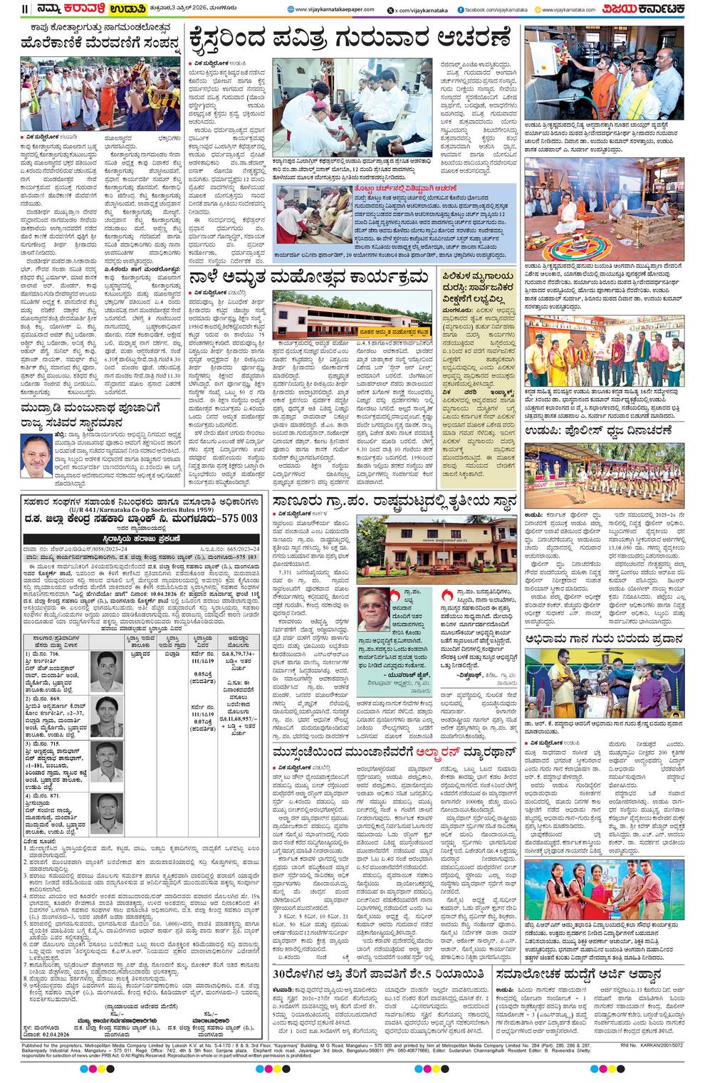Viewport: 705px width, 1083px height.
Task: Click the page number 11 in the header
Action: coord(25,9)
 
